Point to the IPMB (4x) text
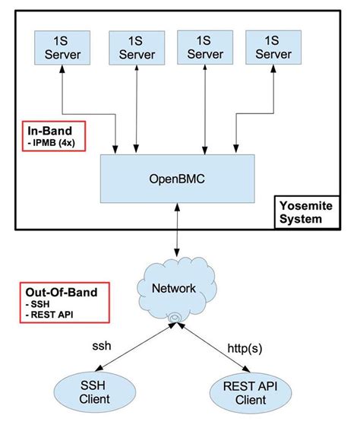(x=50, y=141)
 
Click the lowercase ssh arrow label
(x=101, y=345)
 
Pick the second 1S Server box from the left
(x=136, y=47)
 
